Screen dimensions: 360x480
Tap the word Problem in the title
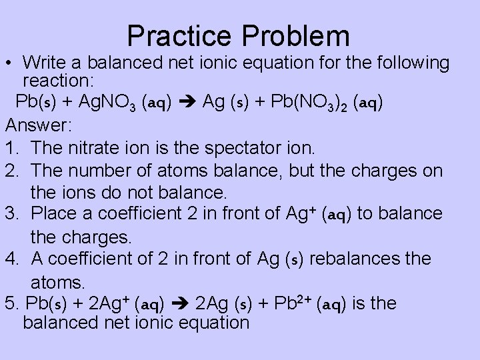[x=293, y=35]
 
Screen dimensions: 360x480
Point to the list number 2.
[x=12, y=171]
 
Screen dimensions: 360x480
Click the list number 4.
[x=12, y=258]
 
